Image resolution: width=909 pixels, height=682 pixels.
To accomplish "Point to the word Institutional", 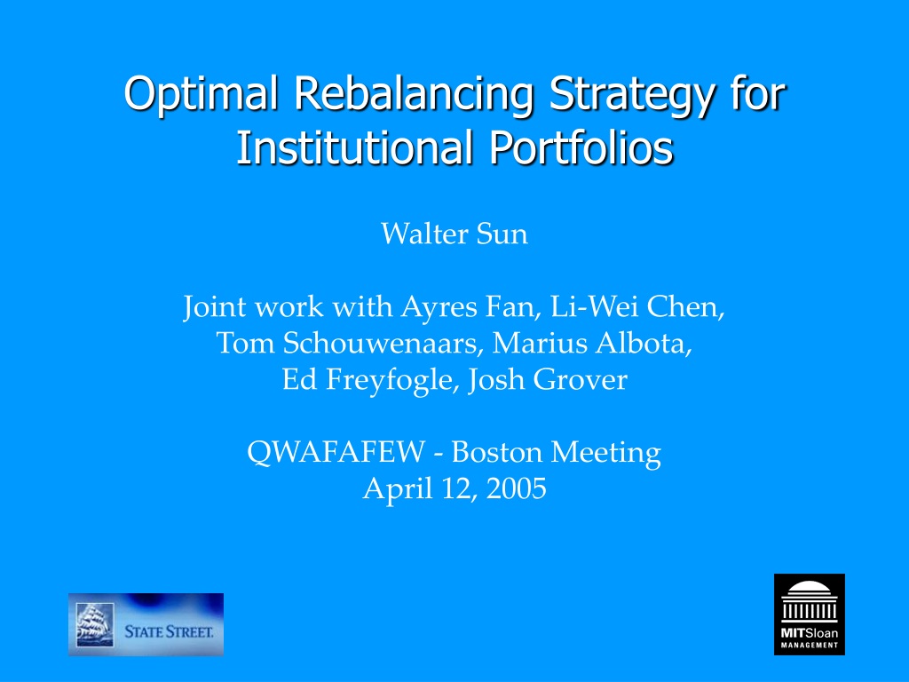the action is point(354,147).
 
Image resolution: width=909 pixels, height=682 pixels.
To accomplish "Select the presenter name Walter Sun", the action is point(454,234).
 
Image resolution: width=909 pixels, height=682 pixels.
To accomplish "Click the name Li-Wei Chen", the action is point(636,306).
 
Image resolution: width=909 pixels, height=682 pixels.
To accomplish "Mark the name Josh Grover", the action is point(547,380).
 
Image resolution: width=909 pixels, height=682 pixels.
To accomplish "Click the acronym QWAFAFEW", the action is point(336,452).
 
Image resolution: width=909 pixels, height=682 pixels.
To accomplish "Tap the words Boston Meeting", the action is point(556,452).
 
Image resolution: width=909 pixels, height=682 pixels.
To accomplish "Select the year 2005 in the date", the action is point(516,488).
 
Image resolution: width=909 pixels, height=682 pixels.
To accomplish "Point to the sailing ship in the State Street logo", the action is point(95,624).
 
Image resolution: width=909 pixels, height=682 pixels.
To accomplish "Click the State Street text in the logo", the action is point(169,631).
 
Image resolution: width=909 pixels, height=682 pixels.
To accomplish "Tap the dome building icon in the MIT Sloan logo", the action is point(810,601).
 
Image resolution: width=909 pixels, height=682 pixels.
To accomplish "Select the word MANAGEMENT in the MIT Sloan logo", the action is point(810,645).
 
